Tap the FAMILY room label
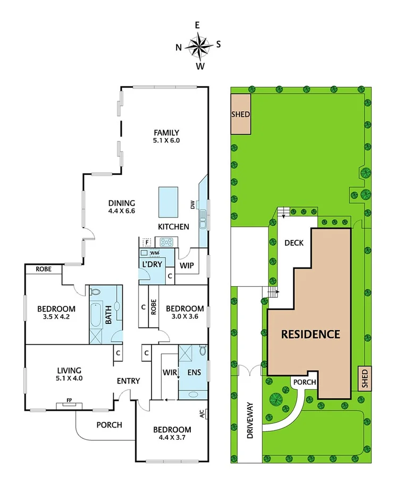coord(166,133)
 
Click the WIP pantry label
coord(186,264)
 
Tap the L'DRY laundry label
coord(150,264)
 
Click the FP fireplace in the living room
coord(70,405)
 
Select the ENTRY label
coord(128,381)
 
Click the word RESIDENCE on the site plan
coord(310,334)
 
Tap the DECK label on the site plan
coord(293,243)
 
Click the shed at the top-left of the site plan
coord(240,114)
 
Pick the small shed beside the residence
coord(364,379)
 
